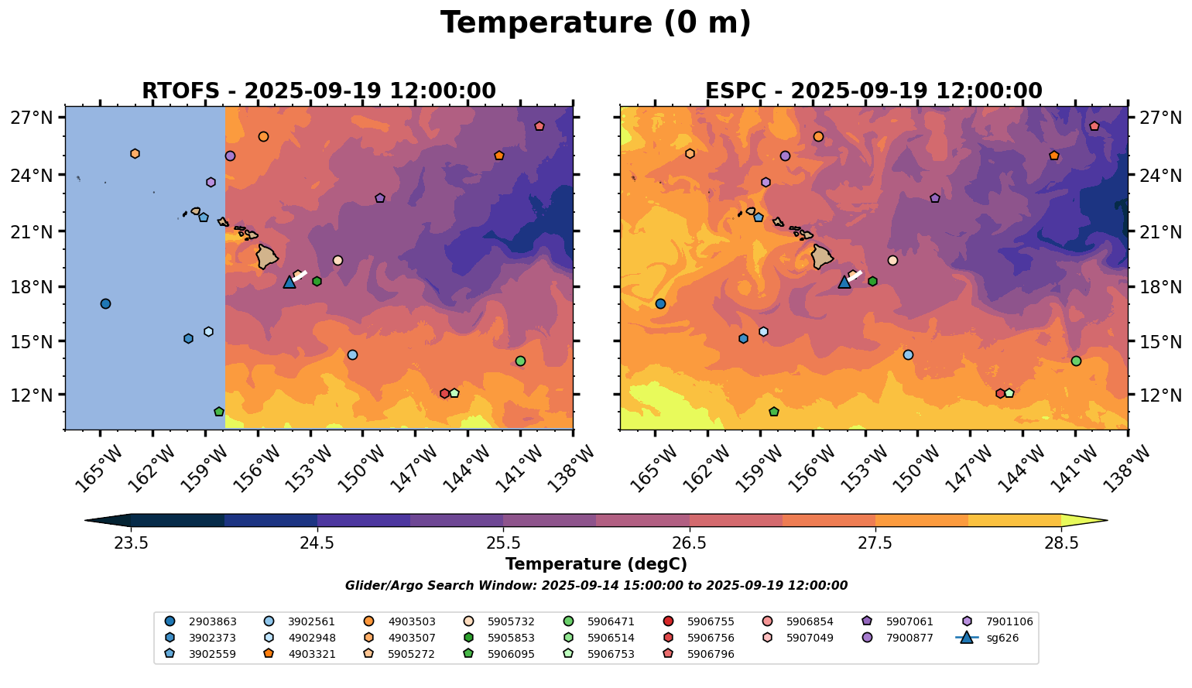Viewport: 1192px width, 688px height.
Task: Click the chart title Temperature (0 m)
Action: (x=595, y=22)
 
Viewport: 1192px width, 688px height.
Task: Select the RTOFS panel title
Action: (x=318, y=91)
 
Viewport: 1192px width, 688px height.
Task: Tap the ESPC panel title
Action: (x=873, y=91)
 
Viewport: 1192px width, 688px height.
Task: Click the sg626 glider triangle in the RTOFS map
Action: (x=289, y=282)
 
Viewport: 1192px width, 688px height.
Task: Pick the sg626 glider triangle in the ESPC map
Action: (x=844, y=282)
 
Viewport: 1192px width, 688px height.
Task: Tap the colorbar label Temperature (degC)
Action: (x=595, y=564)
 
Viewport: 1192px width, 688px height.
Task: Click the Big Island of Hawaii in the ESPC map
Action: (x=822, y=256)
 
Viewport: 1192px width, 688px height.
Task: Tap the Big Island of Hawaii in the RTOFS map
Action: (x=267, y=256)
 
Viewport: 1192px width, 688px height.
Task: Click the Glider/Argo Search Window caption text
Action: (x=595, y=586)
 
